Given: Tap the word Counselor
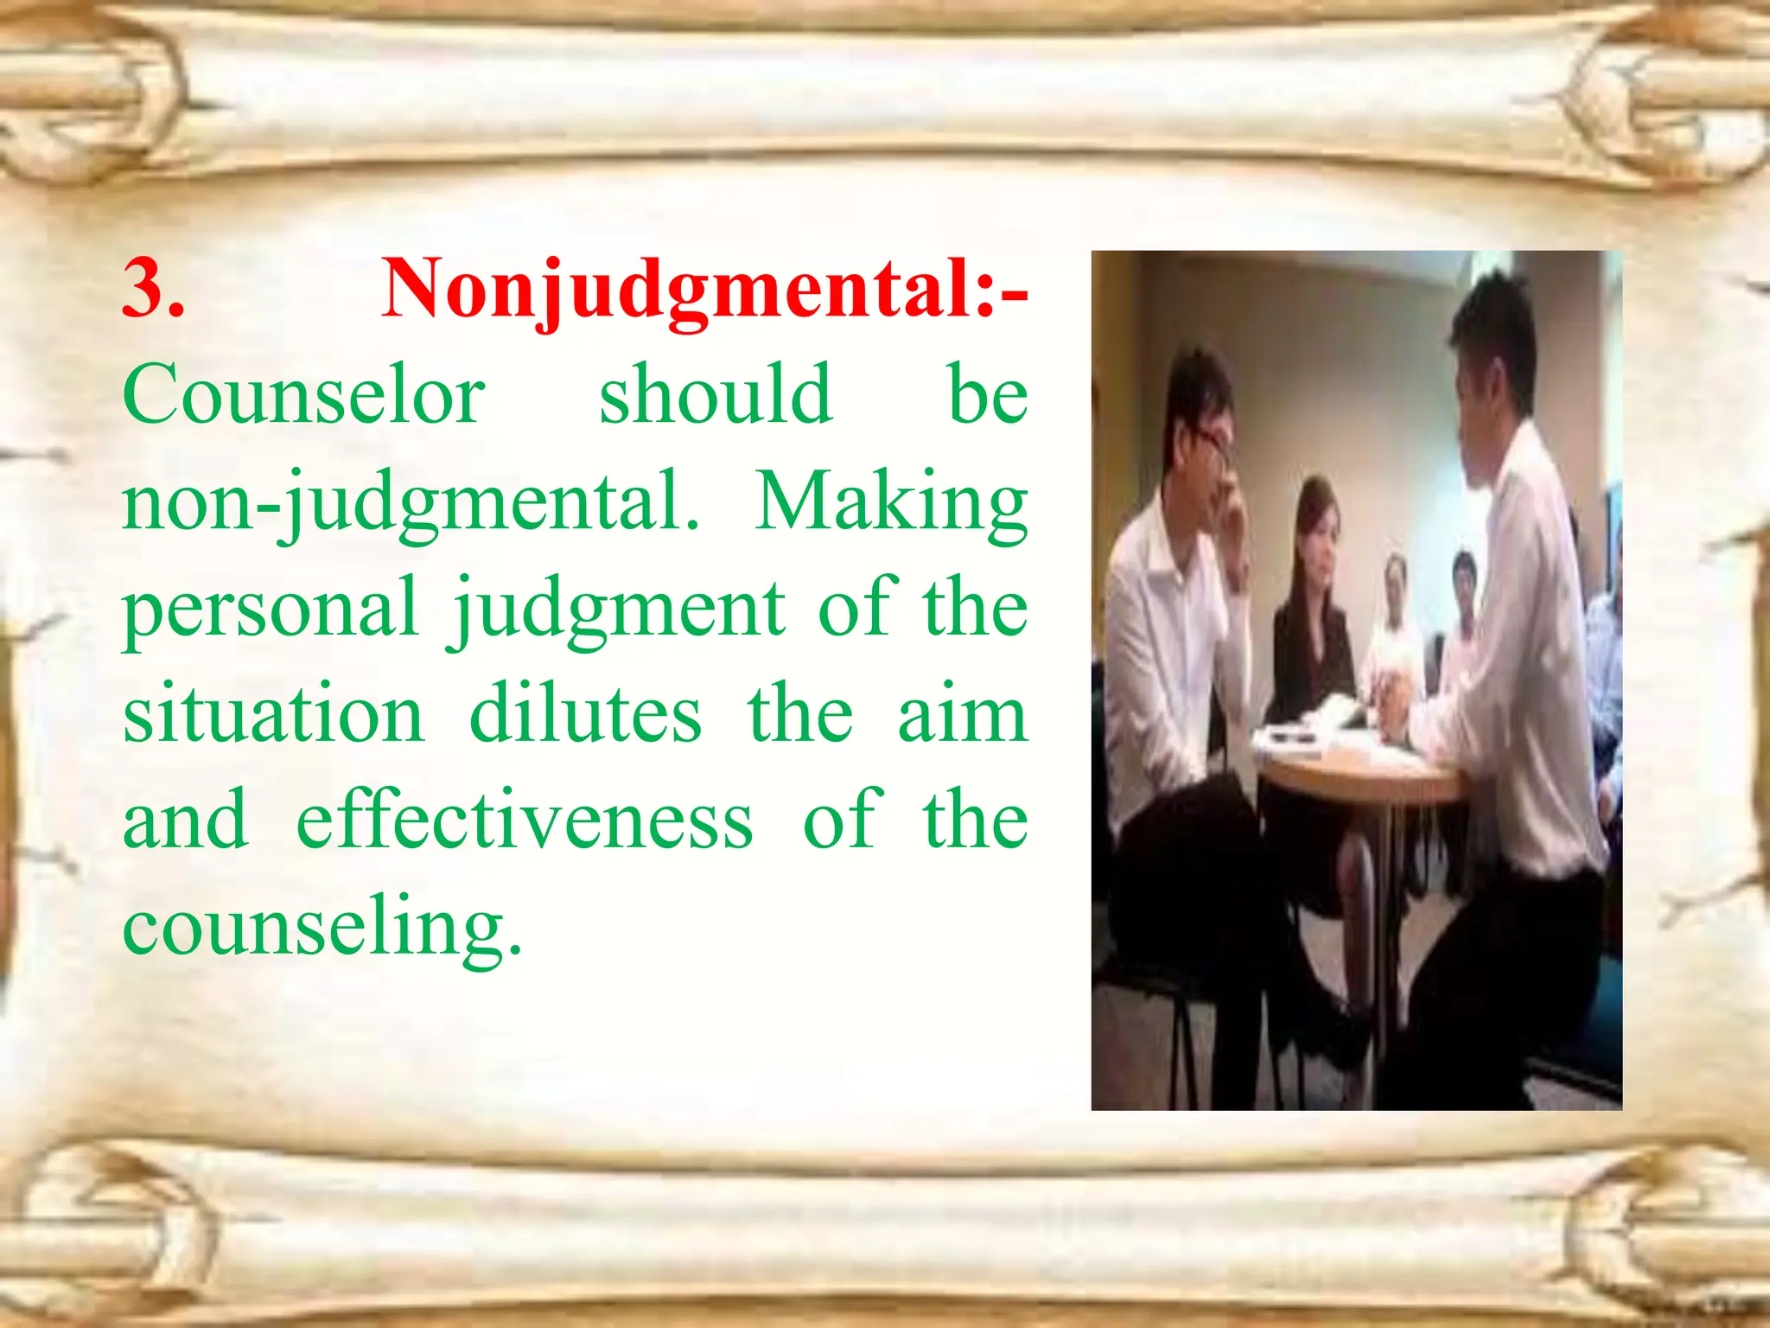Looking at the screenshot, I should [304, 395].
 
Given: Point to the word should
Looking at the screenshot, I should [716, 395].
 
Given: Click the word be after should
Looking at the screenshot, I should [987, 395].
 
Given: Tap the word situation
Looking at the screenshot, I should [273, 715].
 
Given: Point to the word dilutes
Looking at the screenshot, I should [585, 715].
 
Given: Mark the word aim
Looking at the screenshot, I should [962, 715].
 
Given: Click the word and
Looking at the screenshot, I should [186, 820].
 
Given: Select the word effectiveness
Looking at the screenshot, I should [525, 820].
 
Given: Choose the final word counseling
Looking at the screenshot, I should [322, 928].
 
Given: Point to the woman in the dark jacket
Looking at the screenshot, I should [1314, 605].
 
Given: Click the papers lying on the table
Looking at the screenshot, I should [1331, 735].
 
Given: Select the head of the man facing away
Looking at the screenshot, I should [1491, 346].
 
